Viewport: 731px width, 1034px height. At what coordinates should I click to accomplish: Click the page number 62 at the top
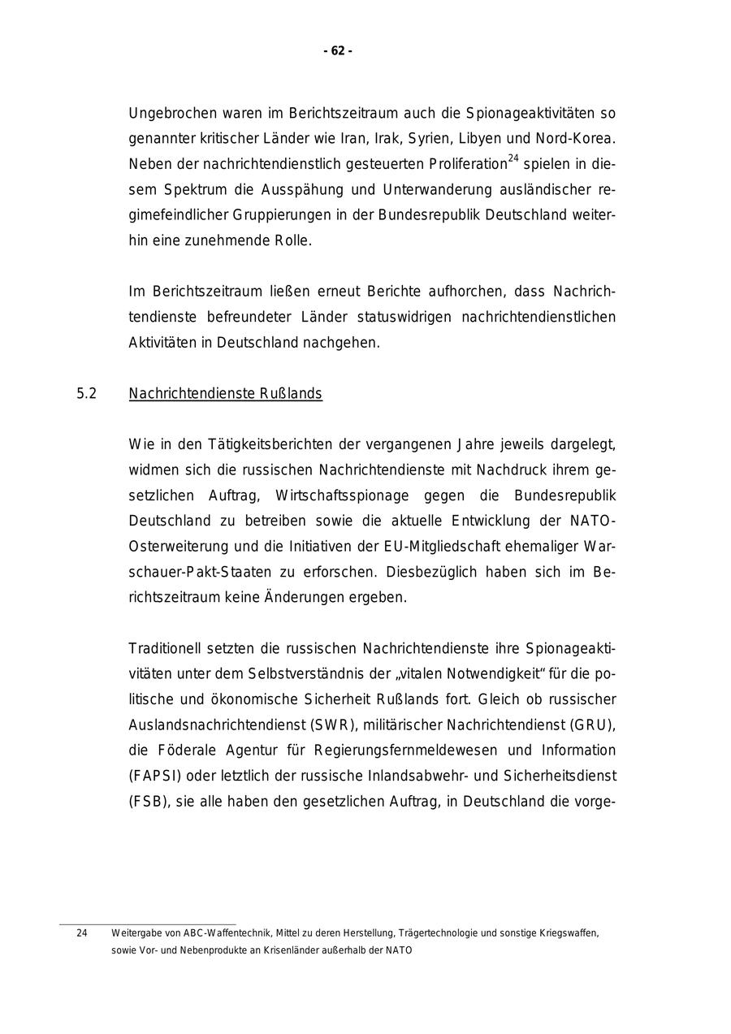pyautogui.click(x=338, y=51)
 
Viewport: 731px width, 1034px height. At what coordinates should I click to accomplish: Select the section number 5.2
pyautogui.click(x=87, y=394)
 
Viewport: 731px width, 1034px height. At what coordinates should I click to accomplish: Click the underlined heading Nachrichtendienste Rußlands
pyautogui.click(x=225, y=394)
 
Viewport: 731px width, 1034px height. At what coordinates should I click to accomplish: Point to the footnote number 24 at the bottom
pyautogui.click(x=82, y=933)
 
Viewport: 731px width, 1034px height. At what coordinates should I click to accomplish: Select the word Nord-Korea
pyautogui.click(x=580, y=138)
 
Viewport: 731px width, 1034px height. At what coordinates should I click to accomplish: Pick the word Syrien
pyautogui.click(x=430, y=138)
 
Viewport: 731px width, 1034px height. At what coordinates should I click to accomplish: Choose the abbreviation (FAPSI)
pyautogui.click(x=149, y=777)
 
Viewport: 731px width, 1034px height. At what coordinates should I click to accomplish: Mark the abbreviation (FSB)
pyautogui.click(x=146, y=802)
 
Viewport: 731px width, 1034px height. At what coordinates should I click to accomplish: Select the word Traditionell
pyautogui.click(x=165, y=648)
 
